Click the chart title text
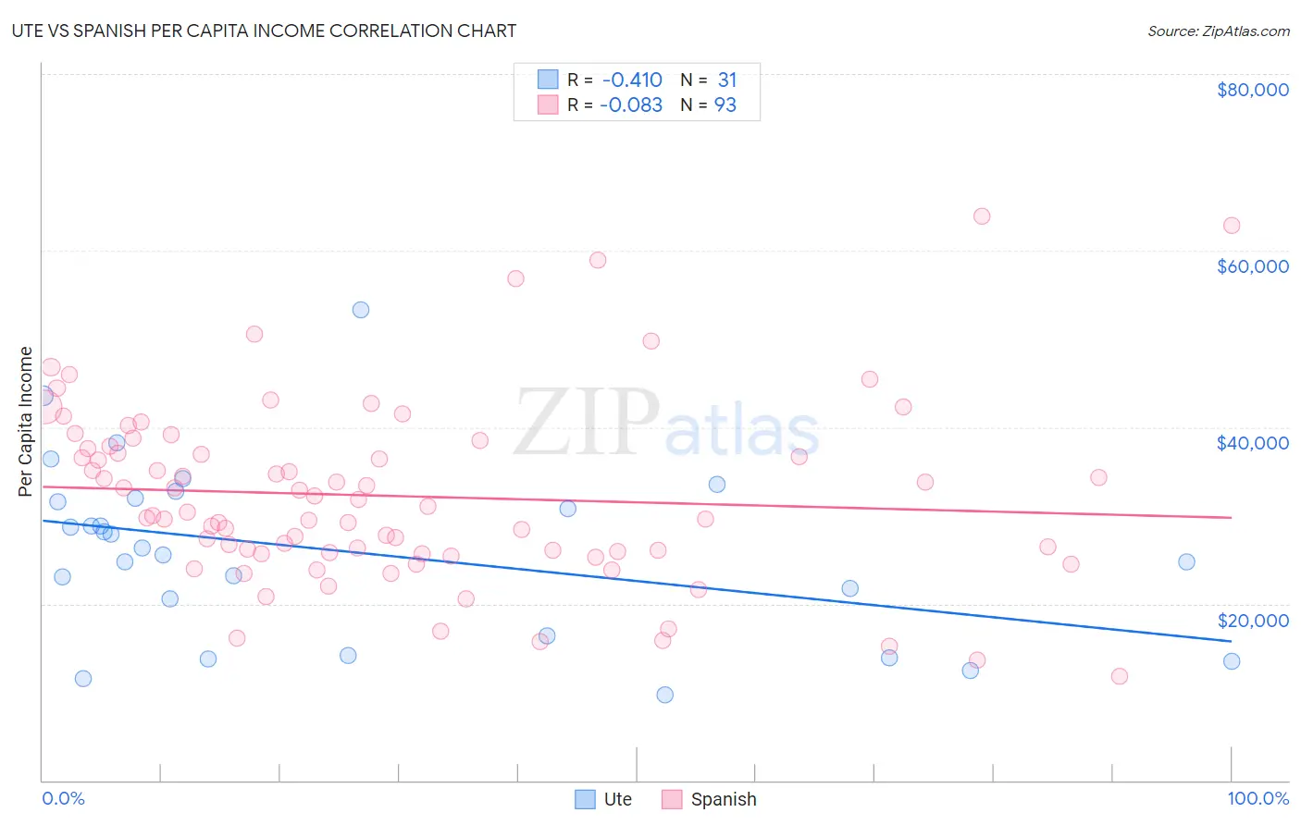pos(264,31)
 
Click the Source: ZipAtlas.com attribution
pos(1218,31)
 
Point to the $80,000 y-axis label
pos(1252,90)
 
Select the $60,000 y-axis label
pos(1252,266)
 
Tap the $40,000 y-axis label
pos(1252,443)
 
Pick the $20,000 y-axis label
pos(1252,621)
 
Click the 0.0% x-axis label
pos(63,798)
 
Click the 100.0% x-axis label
pos(1258,798)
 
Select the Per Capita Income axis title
pos(26,422)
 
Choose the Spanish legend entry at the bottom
pos(710,799)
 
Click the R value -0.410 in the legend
pos(632,80)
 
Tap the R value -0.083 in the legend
pos(631,105)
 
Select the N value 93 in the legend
pos(725,105)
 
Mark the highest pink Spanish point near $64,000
pos(982,216)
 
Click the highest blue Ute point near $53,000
pos(361,310)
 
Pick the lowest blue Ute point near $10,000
pos(664,695)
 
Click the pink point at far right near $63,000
pos(1231,226)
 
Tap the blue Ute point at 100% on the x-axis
pos(1231,661)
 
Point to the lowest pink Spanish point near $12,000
pos(1119,676)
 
